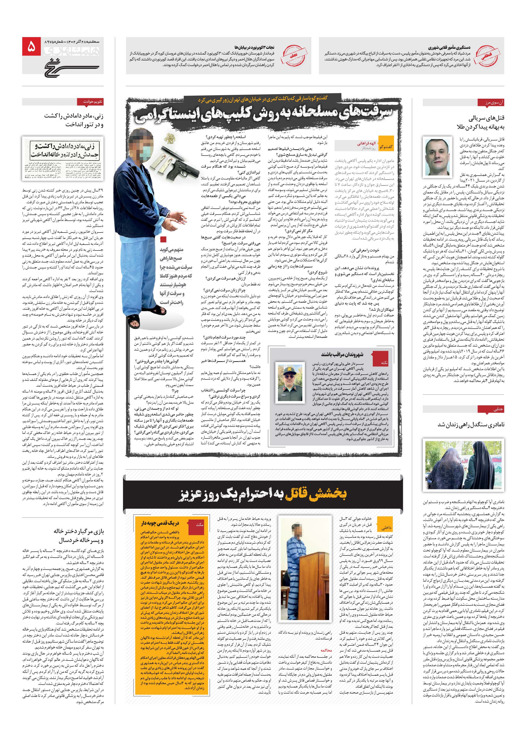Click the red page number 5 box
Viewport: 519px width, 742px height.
pyautogui.click(x=31, y=47)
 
